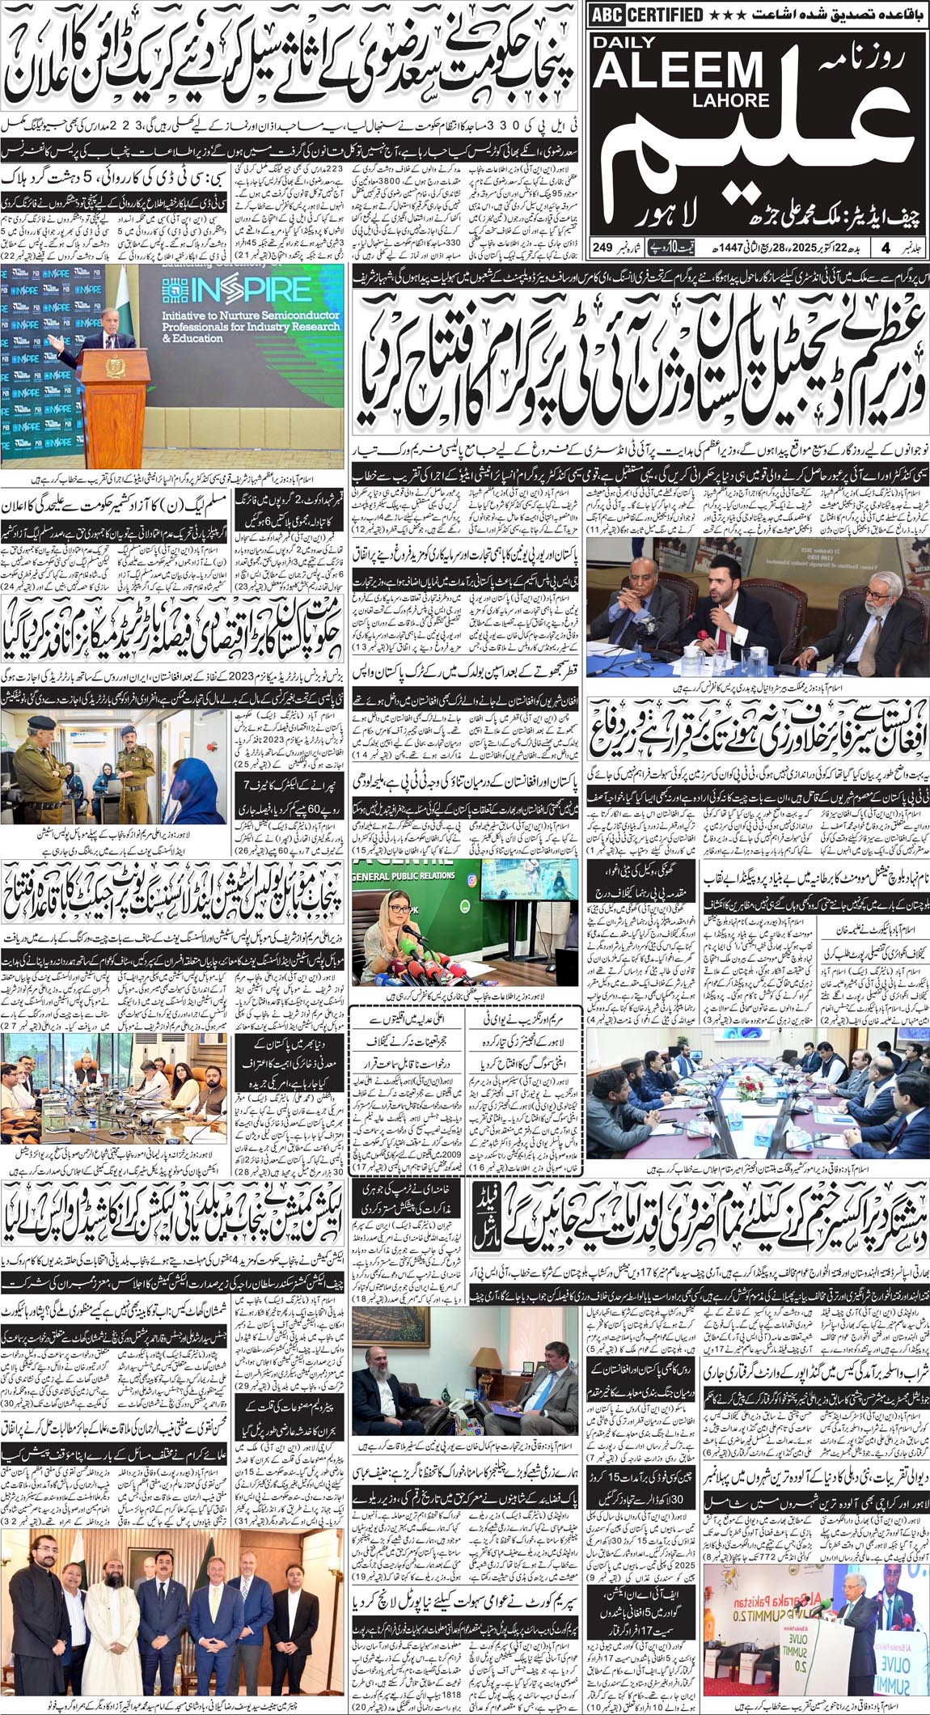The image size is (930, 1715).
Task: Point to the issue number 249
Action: [x=602, y=246]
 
